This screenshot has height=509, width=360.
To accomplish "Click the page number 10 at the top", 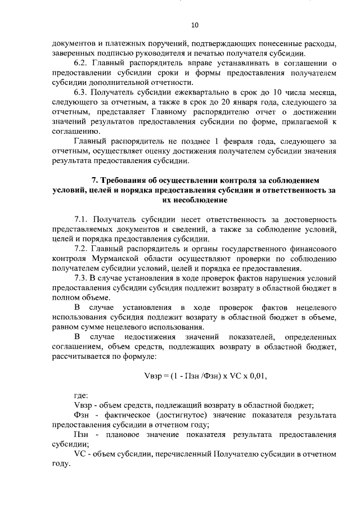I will click(195, 25).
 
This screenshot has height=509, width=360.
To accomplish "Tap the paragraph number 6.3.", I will click(83, 92).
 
